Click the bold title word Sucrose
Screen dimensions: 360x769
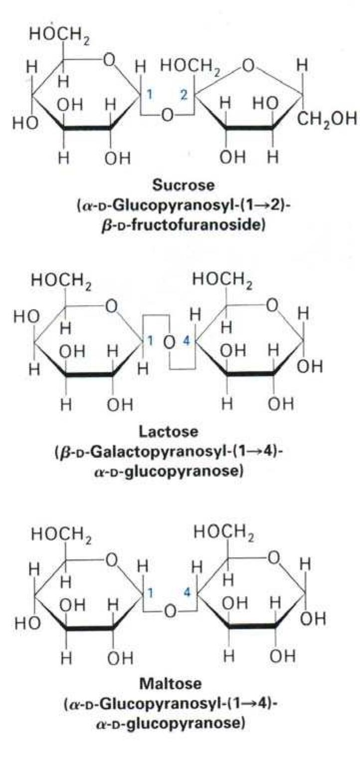click(x=183, y=185)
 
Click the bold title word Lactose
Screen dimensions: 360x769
click(x=169, y=431)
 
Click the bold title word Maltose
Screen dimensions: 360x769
click(x=171, y=683)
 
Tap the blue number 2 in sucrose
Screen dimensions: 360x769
click(x=184, y=94)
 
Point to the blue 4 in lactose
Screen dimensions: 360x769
click(x=186, y=341)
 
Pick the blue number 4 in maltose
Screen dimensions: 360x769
click(x=187, y=592)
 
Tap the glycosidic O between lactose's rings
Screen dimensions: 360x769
click(x=169, y=342)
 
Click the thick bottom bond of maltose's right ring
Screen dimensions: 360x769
click(x=252, y=625)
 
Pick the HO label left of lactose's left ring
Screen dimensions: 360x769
click(x=26, y=317)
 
